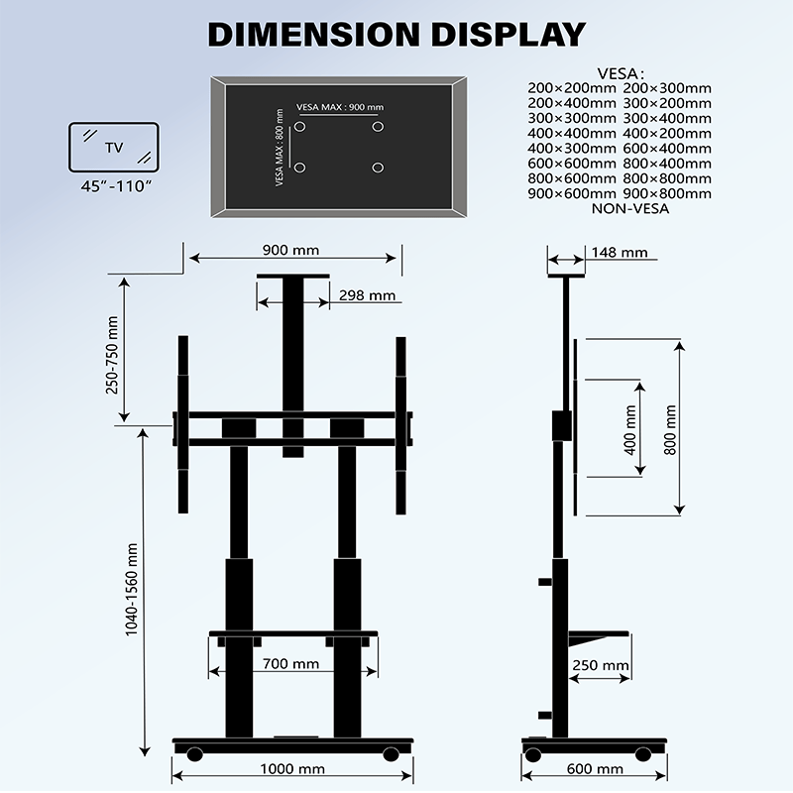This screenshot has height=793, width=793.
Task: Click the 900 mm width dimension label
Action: [x=291, y=250]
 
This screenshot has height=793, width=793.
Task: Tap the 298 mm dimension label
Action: [x=367, y=295]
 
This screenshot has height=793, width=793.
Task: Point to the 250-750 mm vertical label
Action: [x=113, y=354]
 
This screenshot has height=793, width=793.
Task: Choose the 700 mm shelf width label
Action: [x=291, y=664]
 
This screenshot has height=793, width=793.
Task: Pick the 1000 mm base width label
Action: [x=292, y=768]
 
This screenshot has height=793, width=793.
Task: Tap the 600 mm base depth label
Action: [x=596, y=768]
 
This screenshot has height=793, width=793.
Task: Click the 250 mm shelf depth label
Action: [x=601, y=665]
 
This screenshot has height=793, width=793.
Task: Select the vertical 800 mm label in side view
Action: [x=671, y=429]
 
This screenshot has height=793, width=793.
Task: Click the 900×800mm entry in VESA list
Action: [x=668, y=193]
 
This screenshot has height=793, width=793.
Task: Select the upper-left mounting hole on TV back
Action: [x=302, y=128]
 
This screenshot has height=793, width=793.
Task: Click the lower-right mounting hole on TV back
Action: [x=377, y=168]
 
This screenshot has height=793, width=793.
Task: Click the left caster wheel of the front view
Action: [x=195, y=755]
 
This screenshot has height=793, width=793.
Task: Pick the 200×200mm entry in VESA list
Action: [x=573, y=88]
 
